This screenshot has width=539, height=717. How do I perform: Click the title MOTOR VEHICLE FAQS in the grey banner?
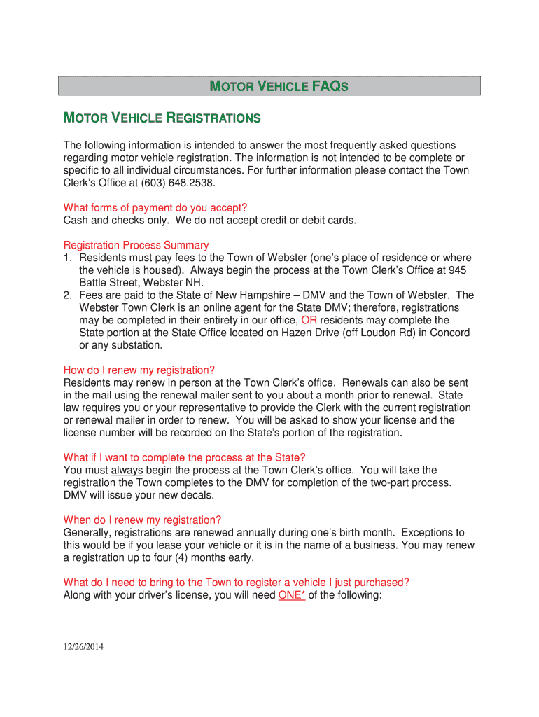pyautogui.click(x=279, y=86)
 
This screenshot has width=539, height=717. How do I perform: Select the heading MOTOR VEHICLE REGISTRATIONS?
pyautogui.click(x=162, y=118)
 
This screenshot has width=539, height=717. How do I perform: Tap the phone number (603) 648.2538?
pyautogui.click(x=183, y=183)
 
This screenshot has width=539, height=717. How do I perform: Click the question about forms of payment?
pyautogui.click(x=155, y=207)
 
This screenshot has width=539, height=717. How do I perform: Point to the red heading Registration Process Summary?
pyautogui.click(x=136, y=245)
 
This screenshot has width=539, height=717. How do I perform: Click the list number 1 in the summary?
pyautogui.click(x=67, y=258)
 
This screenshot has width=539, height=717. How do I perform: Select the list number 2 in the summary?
pyautogui.click(x=67, y=295)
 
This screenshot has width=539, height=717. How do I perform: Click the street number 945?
pyautogui.click(x=458, y=270)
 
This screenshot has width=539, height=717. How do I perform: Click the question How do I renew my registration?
pyautogui.click(x=139, y=370)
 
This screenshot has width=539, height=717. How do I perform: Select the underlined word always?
pyautogui.click(x=127, y=470)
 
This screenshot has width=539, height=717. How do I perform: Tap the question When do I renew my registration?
pyautogui.click(x=142, y=520)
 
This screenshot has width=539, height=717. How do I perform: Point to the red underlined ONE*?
pyautogui.click(x=291, y=595)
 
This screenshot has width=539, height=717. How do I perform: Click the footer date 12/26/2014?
pyautogui.click(x=83, y=647)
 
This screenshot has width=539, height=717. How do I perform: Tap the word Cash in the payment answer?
pyautogui.click(x=76, y=220)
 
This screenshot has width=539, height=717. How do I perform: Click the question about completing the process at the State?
pyautogui.click(x=185, y=457)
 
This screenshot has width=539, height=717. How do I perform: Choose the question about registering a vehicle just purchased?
pyautogui.click(x=236, y=583)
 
